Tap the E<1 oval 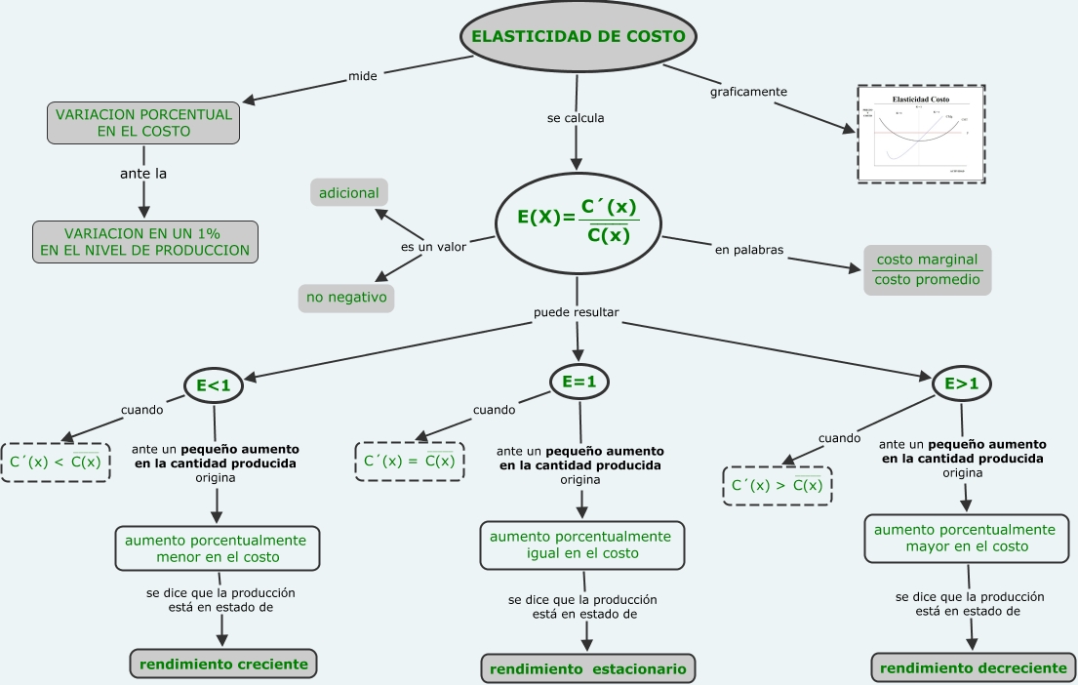coord(213,386)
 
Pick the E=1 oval coord(579,383)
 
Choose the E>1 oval coord(962,385)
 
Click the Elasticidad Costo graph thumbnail coord(921,133)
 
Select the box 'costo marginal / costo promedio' coord(927,270)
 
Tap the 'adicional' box coord(349,193)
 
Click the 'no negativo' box coord(345,297)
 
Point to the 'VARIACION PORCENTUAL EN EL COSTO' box coord(143,123)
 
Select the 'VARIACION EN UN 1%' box coord(144,242)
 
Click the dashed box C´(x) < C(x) coord(56,462)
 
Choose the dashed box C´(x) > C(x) coord(777,485)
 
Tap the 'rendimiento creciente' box coord(223,665)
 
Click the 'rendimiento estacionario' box coord(587,669)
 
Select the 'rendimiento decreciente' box coord(973,668)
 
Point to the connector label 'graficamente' coord(748,92)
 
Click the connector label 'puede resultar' coord(577,313)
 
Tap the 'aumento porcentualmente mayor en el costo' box coord(964,539)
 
